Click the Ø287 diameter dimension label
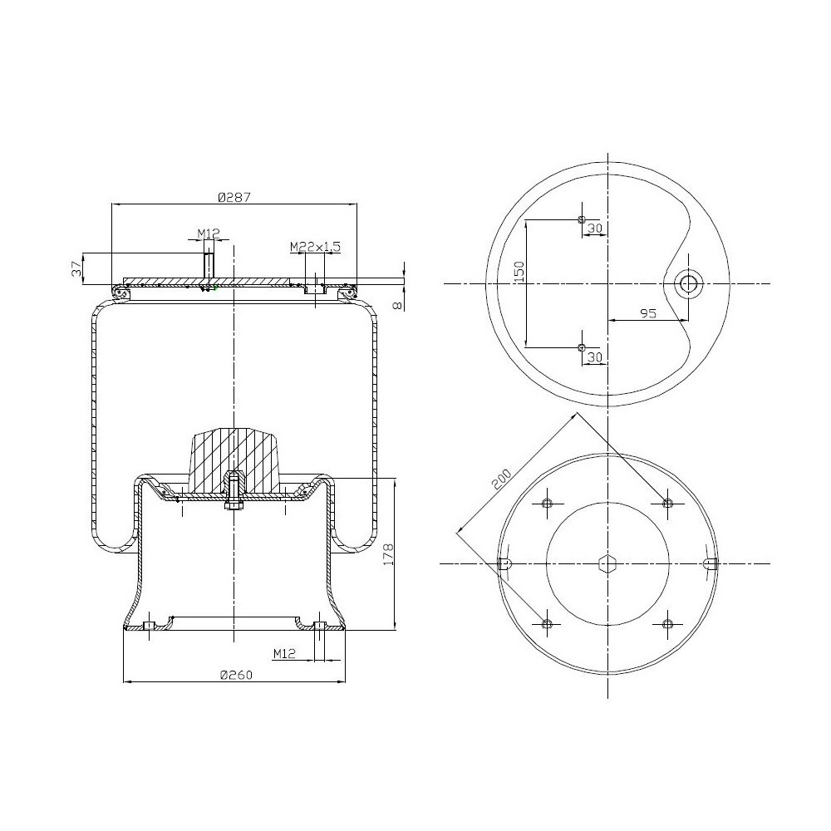point(234,197)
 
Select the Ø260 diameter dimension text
point(235,675)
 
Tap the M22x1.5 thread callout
point(315,247)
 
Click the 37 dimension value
point(76,268)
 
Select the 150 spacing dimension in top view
point(519,273)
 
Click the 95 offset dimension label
point(648,313)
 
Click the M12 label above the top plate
point(208,234)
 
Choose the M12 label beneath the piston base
point(284,654)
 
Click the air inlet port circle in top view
point(688,284)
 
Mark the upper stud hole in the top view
point(582,220)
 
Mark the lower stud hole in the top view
point(582,347)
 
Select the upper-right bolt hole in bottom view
point(668,503)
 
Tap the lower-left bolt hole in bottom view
point(547,624)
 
